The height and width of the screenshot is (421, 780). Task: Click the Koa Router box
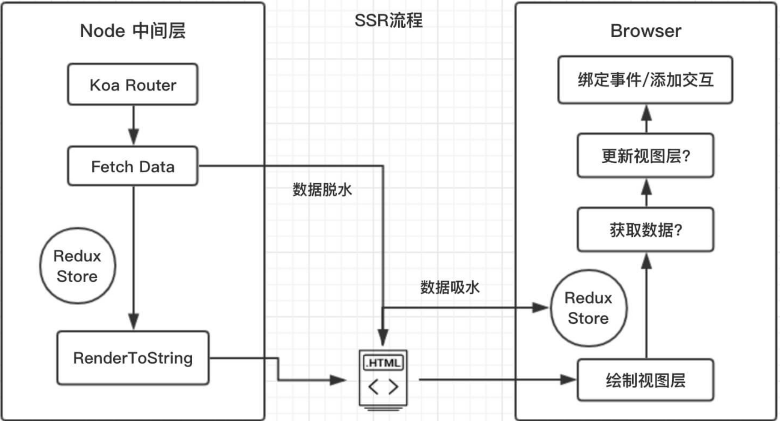133,85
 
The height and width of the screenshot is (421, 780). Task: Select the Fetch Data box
133,166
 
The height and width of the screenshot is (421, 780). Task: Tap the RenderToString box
133,358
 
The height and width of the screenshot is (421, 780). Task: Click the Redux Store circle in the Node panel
77,266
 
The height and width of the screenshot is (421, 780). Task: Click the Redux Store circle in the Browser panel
588,308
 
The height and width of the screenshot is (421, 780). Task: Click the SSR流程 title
388,20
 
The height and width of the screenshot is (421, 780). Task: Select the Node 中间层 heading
133,31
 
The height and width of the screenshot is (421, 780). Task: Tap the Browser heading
645,31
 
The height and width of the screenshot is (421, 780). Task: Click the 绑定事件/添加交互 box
645,80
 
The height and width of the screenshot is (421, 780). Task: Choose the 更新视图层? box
645,156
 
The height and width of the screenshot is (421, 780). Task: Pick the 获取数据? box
645,230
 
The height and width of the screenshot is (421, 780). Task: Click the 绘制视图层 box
645,380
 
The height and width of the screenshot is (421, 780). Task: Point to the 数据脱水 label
322,190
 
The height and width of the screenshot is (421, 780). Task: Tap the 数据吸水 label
450,287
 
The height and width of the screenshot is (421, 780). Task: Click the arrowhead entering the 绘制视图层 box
568,379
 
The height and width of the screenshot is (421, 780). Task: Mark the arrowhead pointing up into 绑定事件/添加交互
646,113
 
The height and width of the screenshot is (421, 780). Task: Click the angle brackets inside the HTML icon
383,387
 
